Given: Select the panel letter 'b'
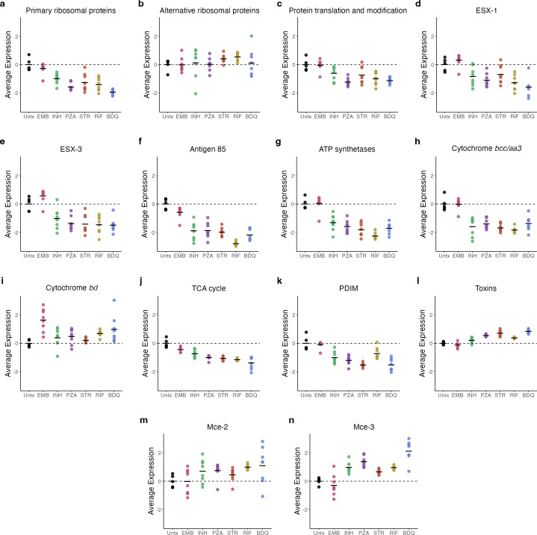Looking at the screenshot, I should (140, 5).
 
